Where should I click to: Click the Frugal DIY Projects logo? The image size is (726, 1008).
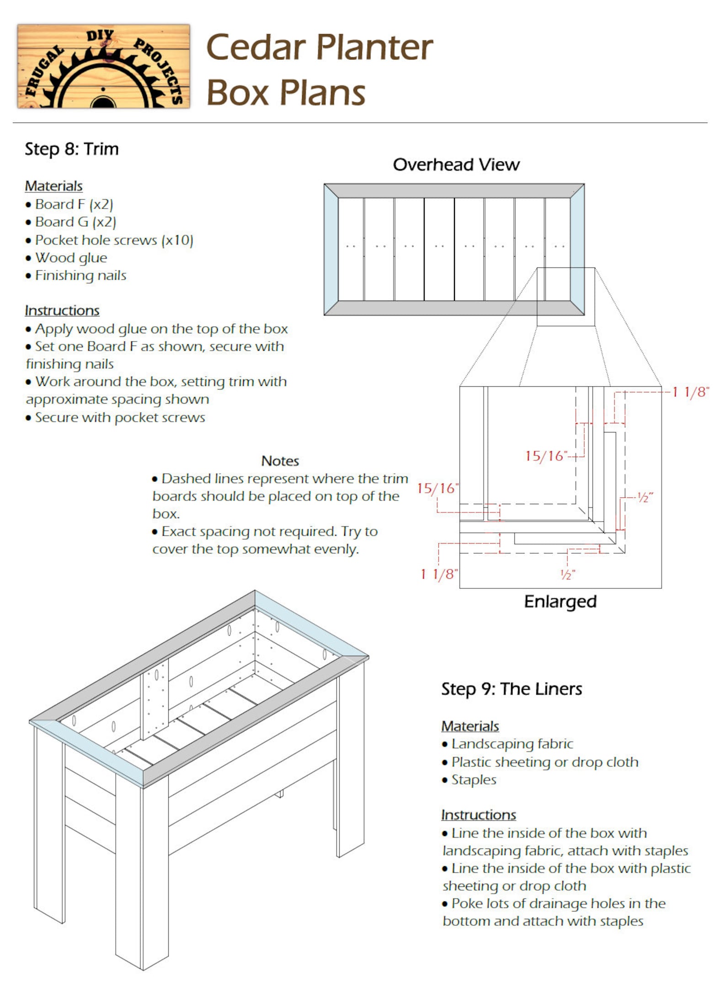103,66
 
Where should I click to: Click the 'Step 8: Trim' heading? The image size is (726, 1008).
72,149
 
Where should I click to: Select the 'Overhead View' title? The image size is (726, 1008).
456,165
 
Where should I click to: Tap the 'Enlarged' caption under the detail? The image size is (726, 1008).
560,601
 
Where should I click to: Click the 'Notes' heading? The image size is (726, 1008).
280,461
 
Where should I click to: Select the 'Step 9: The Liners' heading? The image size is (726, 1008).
511,689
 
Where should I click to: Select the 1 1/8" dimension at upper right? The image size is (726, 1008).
690,392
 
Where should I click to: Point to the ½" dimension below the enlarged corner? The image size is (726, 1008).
567,575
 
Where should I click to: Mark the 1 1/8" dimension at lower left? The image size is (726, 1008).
439,574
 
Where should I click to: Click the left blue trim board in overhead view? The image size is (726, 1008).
331,250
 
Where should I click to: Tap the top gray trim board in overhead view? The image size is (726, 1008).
454,191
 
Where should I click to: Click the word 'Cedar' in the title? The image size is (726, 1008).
256,48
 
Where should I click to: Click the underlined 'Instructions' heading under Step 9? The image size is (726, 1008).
478,815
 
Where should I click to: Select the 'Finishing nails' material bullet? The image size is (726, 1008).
80,276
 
